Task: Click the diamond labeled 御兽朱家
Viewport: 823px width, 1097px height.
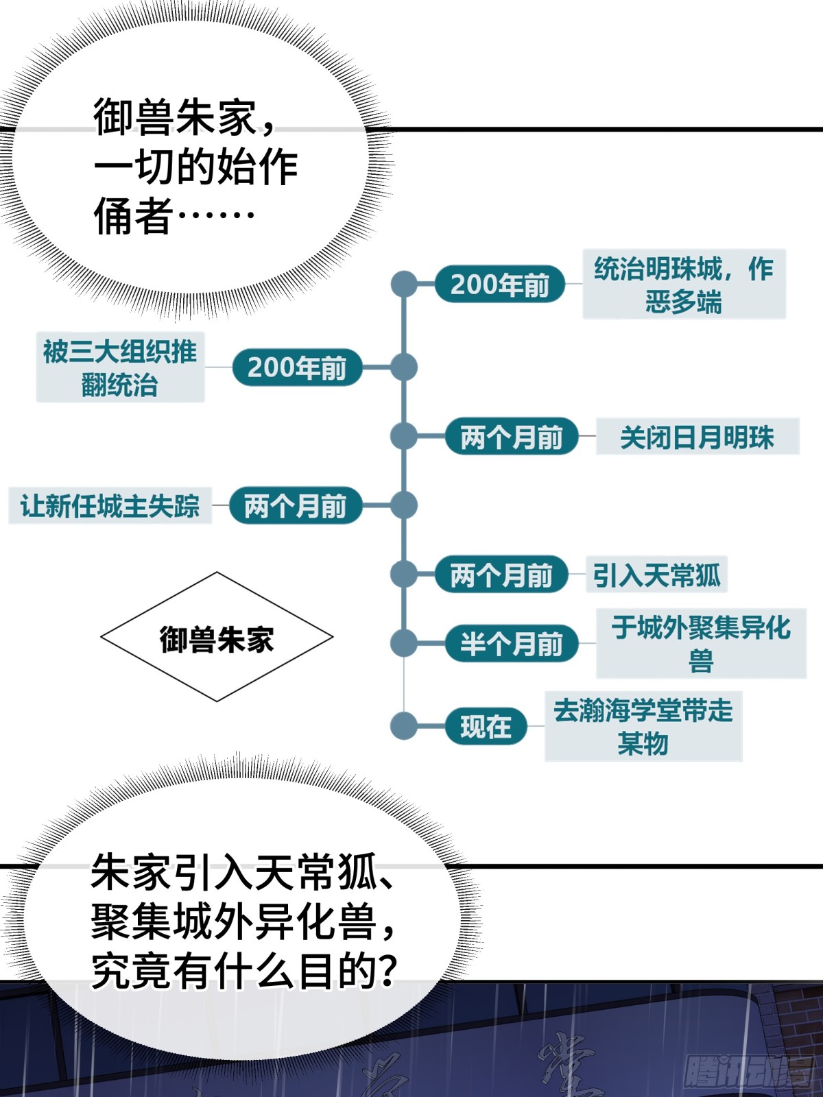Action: (217, 637)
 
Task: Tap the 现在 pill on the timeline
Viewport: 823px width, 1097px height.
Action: (486, 726)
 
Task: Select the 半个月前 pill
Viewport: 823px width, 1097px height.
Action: (511, 643)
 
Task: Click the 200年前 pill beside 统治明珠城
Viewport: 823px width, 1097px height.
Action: (500, 284)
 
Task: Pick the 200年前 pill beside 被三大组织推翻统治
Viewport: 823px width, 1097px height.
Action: (297, 367)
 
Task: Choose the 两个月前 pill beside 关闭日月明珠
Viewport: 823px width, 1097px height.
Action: (511, 436)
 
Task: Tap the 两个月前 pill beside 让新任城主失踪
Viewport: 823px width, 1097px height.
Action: (296, 505)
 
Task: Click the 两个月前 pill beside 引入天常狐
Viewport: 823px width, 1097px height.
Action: (501, 575)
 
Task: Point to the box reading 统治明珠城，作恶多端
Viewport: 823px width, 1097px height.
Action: (684, 284)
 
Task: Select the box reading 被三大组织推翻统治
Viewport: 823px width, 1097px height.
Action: (120, 367)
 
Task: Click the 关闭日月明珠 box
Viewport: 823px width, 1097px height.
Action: (697, 437)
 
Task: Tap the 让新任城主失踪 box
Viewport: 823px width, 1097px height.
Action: (110, 506)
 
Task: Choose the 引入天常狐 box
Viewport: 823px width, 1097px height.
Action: (657, 575)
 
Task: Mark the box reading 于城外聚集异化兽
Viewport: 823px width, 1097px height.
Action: (701, 644)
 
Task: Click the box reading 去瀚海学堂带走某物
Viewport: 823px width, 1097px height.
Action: (643, 727)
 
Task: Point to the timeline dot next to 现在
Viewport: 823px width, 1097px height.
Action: (404, 726)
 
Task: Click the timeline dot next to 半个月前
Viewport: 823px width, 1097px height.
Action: (404, 643)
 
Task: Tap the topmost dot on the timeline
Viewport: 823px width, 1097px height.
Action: (404, 284)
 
